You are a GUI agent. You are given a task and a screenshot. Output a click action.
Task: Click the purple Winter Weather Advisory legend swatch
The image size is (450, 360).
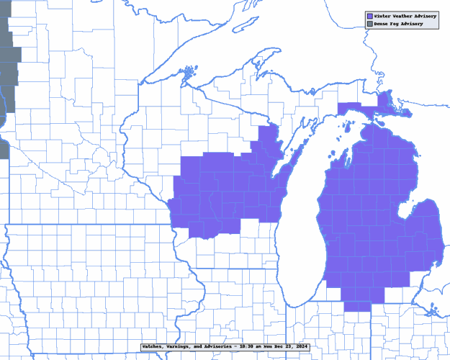pos(370,15)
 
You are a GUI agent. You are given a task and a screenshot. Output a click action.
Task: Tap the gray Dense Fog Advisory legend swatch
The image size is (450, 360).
pos(370,24)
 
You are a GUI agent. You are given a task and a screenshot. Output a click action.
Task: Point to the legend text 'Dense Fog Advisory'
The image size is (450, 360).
pos(398,24)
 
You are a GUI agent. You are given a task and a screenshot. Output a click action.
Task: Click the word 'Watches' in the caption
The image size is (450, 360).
pos(154,347)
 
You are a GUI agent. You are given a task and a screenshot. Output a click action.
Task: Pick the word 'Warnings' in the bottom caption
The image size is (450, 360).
pos(183,347)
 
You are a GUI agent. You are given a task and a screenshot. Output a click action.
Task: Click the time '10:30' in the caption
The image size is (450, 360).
pos(253,347)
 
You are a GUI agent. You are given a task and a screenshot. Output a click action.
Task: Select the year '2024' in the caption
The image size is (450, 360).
pos(300,347)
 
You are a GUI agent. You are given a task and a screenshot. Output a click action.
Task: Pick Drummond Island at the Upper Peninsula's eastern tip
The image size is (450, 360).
pos(401,113)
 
